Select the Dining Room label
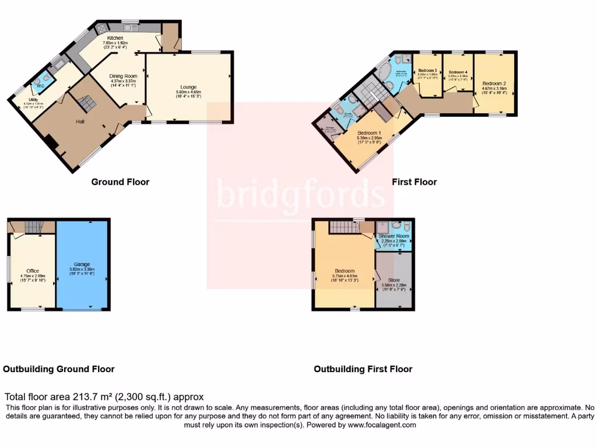point(123,76)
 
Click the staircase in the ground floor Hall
point(86,104)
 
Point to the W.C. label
point(41,86)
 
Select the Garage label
point(81,264)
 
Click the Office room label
point(33,271)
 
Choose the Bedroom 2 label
point(493,83)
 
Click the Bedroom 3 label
point(427,70)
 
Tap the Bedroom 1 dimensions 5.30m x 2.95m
point(370,138)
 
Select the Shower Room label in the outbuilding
point(394,236)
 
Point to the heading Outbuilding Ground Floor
point(58,369)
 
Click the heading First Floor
point(414,182)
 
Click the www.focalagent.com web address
point(381,425)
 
